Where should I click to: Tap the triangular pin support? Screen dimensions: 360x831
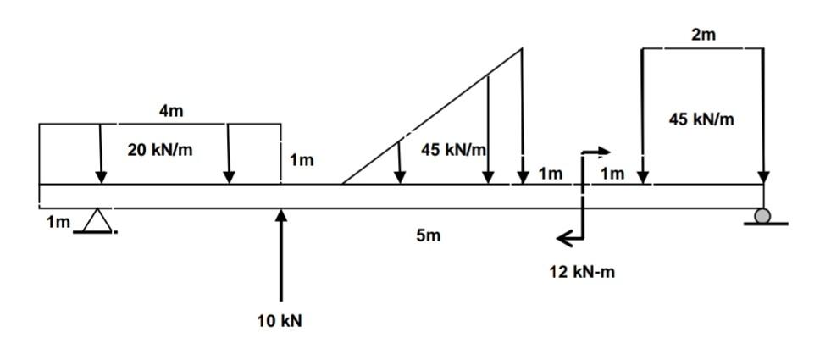[99, 220]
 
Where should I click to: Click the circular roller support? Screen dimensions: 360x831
[763, 217]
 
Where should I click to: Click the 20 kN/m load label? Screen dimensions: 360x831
[160, 150]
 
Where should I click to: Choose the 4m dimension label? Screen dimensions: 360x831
[170, 111]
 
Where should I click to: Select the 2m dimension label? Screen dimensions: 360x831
[703, 35]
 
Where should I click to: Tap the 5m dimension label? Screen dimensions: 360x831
[429, 235]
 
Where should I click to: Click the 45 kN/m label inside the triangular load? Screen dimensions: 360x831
[453, 151]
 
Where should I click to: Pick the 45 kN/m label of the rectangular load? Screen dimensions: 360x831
[701, 119]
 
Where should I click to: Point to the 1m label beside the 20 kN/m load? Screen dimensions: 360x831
[301, 159]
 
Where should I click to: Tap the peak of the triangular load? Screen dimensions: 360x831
[521, 49]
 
